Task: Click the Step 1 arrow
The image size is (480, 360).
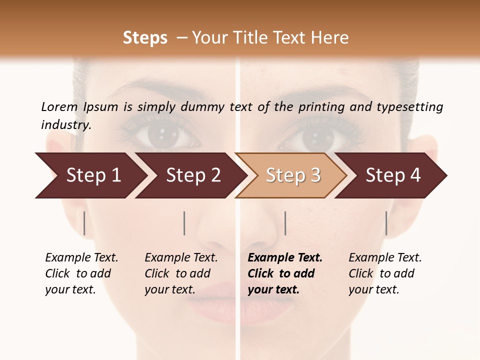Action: (x=92, y=175)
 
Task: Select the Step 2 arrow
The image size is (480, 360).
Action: (x=192, y=175)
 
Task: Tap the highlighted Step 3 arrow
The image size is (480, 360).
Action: (x=292, y=175)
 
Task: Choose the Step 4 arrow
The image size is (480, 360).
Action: (x=392, y=175)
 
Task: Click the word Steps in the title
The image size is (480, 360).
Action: (x=145, y=38)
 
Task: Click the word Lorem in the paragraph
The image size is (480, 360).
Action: (x=59, y=107)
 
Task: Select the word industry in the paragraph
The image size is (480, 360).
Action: (x=65, y=125)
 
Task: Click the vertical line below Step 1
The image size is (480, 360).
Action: (x=84, y=223)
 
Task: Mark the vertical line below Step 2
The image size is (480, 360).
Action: (x=184, y=223)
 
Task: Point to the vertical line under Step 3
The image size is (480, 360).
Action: (x=285, y=223)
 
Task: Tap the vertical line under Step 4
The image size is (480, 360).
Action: (x=386, y=223)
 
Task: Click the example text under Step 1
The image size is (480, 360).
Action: (x=81, y=273)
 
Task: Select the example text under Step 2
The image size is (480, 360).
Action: (x=181, y=273)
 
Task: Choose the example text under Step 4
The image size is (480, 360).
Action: (x=385, y=273)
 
